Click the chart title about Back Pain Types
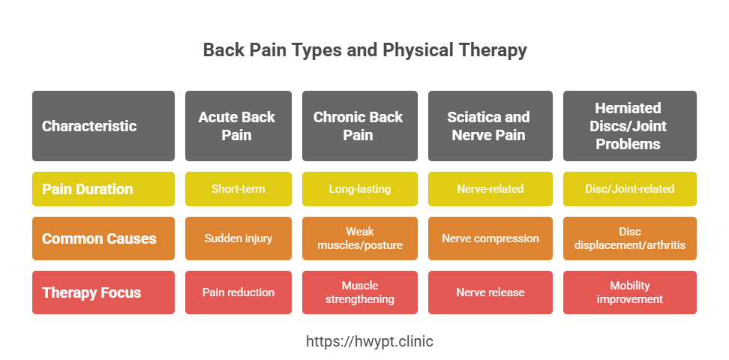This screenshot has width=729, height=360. pos(364,50)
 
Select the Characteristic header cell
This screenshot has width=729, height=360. pos(103,126)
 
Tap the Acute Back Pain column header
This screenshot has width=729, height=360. pos(237,126)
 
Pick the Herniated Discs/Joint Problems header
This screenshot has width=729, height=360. pos(628,126)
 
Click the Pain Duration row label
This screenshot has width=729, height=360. pos(103,189)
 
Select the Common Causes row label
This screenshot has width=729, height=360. pos(103,238)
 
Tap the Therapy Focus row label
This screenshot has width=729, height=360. pos(103,292)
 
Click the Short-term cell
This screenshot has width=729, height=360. pos(237,189)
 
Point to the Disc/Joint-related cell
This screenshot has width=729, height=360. pos(628,189)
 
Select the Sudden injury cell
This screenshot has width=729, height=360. pos(237,238)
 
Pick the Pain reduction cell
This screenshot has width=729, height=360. pos(237,292)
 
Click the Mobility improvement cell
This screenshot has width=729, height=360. pos(628,292)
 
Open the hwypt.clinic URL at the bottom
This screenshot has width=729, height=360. pos(364,341)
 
